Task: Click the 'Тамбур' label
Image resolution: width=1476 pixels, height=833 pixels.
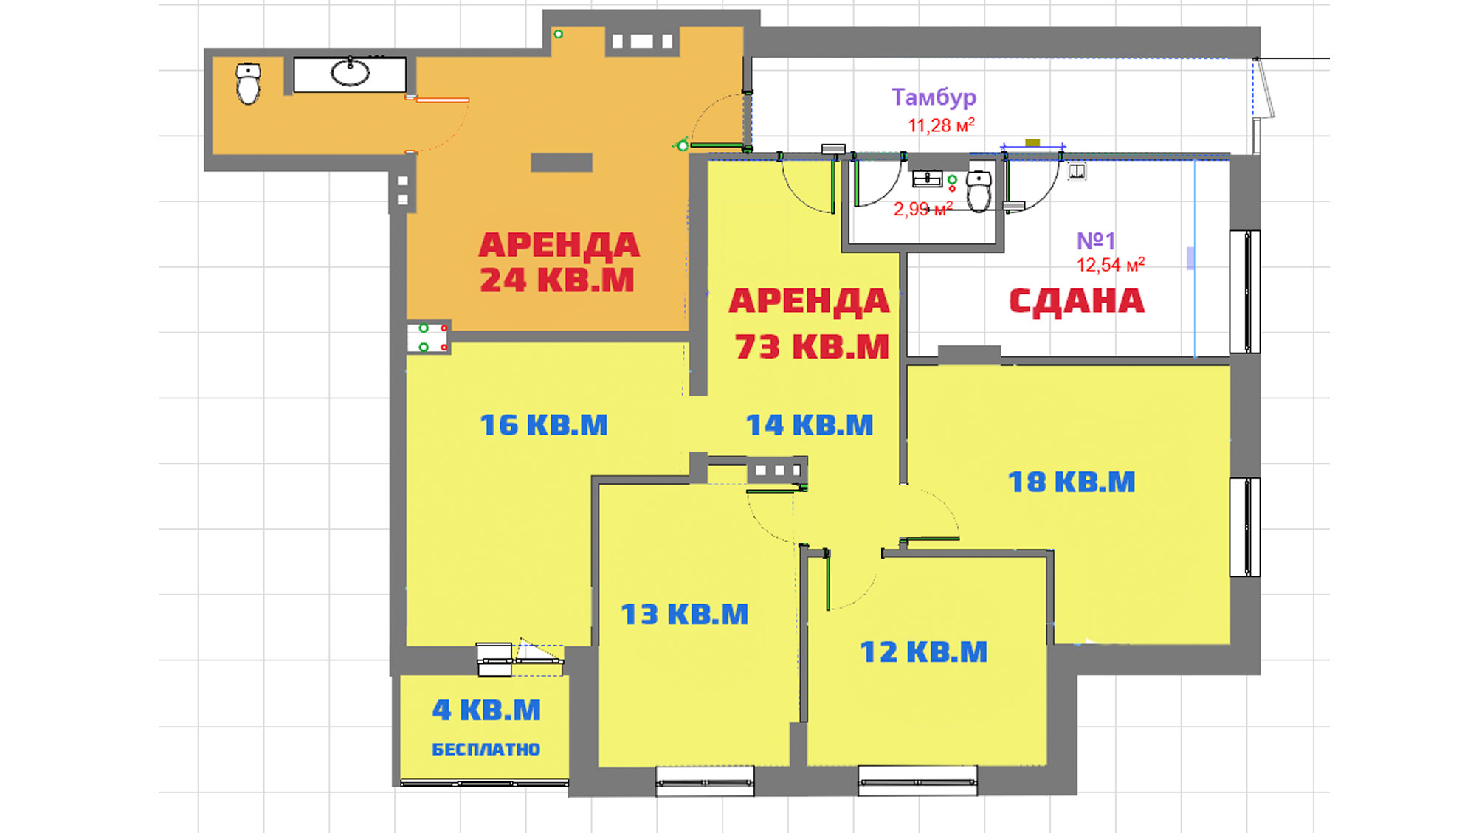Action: tap(934, 97)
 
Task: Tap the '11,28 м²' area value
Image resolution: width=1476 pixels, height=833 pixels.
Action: tap(941, 125)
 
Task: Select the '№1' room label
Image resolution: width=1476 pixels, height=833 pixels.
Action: tap(1096, 241)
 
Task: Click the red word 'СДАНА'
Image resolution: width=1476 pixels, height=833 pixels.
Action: tap(1077, 302)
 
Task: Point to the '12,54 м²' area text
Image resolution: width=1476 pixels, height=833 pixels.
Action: tap(1111, 264)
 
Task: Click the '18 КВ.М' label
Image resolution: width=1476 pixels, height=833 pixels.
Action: tap(1072, 482)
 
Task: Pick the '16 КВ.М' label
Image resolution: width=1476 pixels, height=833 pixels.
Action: tap(544, 425)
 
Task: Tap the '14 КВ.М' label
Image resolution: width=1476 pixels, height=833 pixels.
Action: tap(810, 425)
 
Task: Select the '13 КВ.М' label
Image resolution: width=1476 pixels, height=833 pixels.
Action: tap(684, 615)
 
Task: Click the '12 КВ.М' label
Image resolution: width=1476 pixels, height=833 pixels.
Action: tap(923, 652)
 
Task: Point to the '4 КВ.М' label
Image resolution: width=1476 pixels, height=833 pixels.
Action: tap(486, 710)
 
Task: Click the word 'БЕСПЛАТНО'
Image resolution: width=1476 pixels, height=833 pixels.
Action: tap(486, 750)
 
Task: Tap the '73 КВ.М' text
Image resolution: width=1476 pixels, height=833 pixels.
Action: tap(812, 347)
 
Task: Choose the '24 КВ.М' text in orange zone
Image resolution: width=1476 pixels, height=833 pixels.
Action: tap(557, 280)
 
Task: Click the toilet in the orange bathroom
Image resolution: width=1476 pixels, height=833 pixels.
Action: tap(248, 83)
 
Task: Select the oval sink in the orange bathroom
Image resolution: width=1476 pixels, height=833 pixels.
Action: tap(350, 73)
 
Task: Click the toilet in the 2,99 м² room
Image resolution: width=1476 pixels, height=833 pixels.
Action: tap(979, 190)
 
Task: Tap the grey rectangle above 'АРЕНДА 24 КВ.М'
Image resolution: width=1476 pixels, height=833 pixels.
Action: tap(562, 162)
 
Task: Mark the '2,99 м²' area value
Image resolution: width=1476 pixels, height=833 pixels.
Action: tap(923, 209)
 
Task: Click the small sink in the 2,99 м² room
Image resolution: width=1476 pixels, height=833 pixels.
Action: tap(928, 179)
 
